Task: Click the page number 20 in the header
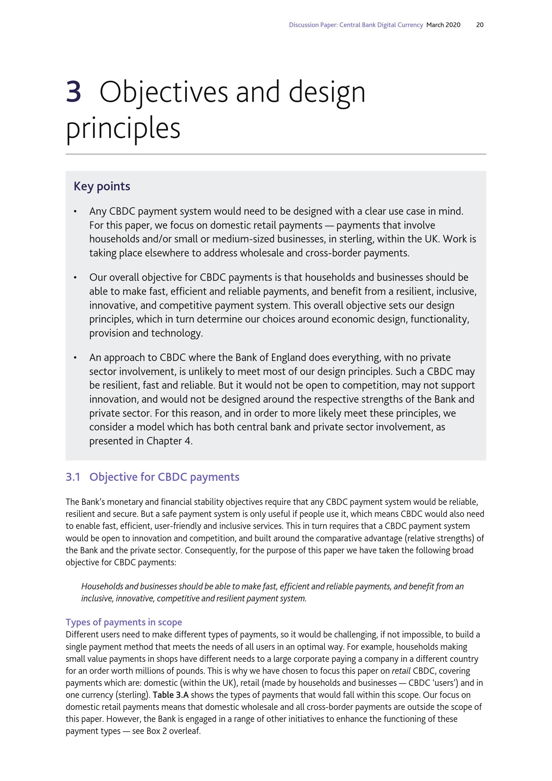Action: click(x=480, y=25)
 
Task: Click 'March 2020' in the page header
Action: click(x=443, y=25)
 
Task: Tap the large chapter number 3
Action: click(x=73, y=92)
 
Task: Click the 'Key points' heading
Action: click(x=102, y=186)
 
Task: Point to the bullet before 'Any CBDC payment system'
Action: click(x=75, y=212)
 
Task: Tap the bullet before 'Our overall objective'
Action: click(x=75, y=278)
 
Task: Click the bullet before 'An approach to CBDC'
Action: click(x=75, y=358)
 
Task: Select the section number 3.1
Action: click(x=73, y=477)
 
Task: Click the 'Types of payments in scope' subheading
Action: click(x=124, y=622)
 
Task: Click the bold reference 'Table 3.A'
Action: click(x=171, y=695)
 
